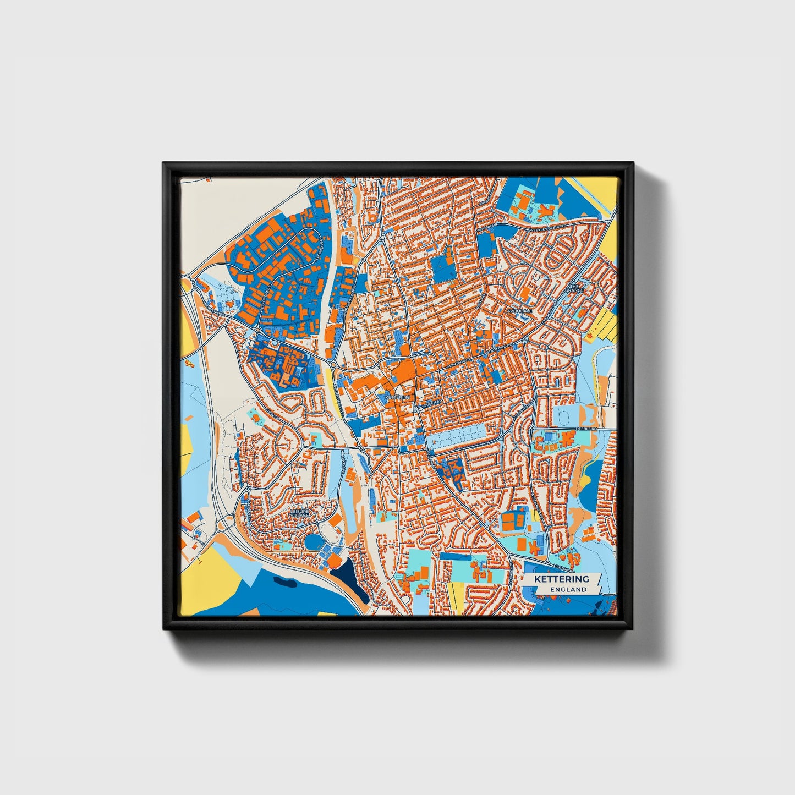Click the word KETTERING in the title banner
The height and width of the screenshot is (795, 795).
(561, 579)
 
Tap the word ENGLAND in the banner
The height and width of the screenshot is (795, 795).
(568, 589)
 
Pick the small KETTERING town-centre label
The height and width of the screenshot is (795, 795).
(398, 397)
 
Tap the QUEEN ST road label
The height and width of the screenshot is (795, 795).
(431, 403)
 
